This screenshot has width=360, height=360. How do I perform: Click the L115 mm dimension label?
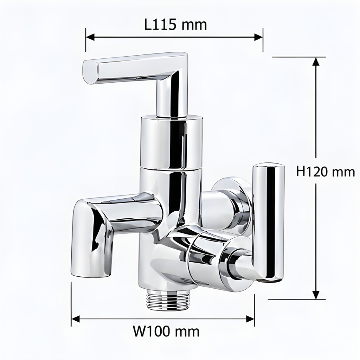point(176,25)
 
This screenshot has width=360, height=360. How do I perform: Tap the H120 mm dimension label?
point(326,172)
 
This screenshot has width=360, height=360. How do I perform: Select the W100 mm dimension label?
point(167,332)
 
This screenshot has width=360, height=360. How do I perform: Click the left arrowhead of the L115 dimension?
point(90,37)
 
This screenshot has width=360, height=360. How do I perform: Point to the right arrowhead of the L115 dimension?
point(258,37)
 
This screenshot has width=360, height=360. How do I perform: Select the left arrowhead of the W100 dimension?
point(76,319)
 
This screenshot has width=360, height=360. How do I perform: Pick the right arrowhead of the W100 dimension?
point(250,319)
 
